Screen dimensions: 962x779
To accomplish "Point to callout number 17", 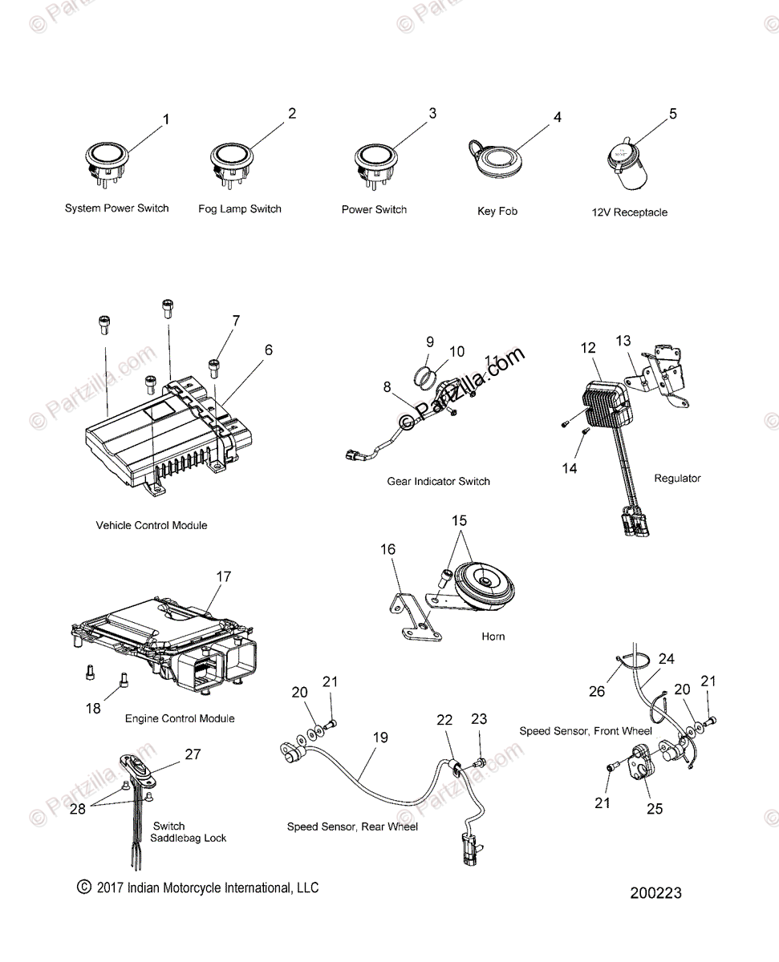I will [223, 576].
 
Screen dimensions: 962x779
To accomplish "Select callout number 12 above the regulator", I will [589, 348].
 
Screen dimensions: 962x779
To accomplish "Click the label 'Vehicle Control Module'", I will [152, 525].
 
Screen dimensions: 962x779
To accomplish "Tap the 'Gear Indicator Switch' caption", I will [438, 481].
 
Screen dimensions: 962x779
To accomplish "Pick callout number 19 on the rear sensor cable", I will [380, 737].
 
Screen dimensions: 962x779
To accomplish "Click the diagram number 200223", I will [655, 892].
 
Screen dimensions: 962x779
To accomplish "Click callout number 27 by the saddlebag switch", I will [193, 754].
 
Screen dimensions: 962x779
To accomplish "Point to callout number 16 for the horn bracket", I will [387, 549].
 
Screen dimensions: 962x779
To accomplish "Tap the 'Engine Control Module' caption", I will [180, 718].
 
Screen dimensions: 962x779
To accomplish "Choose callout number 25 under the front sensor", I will [655, 808].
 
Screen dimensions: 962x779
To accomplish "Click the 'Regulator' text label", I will [677, 478].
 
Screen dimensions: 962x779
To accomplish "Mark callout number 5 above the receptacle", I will [672, 114].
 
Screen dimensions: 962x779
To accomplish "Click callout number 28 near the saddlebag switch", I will [77, 808].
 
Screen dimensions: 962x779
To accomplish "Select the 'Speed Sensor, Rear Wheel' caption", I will [352, 826].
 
